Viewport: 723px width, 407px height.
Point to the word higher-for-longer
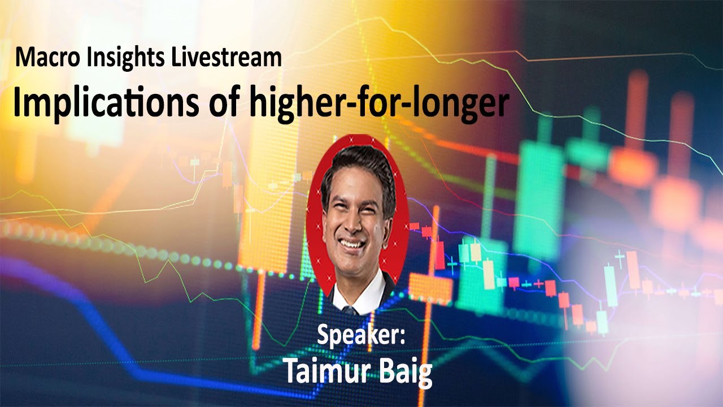pyautogui.click(x=374, y=104)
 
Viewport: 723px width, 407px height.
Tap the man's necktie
pyautogui.click(x=350, y=310)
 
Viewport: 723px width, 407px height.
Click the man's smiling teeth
pyautogui.click(x=351, y=245)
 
